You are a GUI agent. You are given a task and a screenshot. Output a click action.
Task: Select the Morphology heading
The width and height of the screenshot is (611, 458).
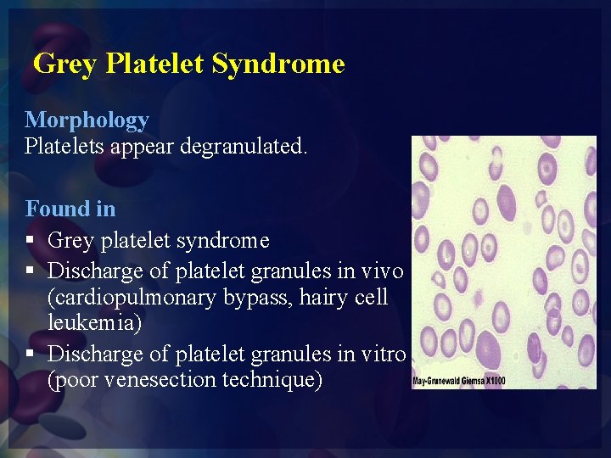(87, 120)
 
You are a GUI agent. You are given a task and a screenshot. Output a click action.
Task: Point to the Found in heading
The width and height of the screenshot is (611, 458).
(70, 209)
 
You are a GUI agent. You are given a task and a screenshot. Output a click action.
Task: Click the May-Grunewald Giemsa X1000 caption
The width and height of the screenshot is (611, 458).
(458, 381)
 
